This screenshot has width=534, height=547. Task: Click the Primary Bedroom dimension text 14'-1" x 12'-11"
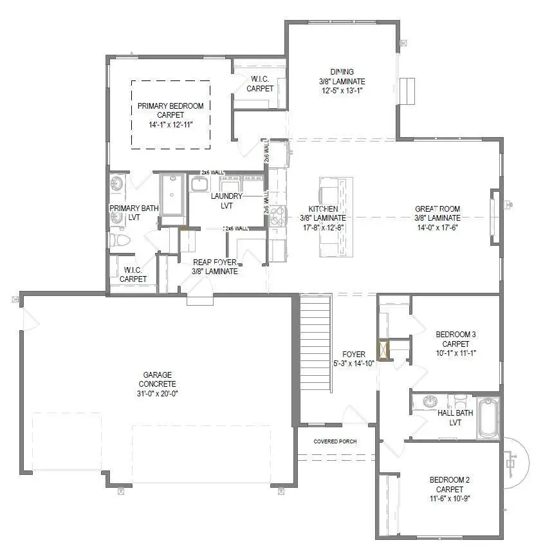(x=170, y=124)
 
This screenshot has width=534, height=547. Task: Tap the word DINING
(x=342, y=72)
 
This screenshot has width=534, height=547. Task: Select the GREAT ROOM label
(x=436, y=209)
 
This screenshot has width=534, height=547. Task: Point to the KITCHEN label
(x=323, y=209)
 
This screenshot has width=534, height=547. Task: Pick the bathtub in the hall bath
(x=488, y=418)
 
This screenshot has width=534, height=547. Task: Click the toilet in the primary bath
(x=120, y=241)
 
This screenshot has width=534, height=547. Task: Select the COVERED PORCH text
(x=335, y=441)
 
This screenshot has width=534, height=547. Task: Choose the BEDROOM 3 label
(x=456, y=334)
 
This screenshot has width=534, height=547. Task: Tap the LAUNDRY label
(x=226, y=196)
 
